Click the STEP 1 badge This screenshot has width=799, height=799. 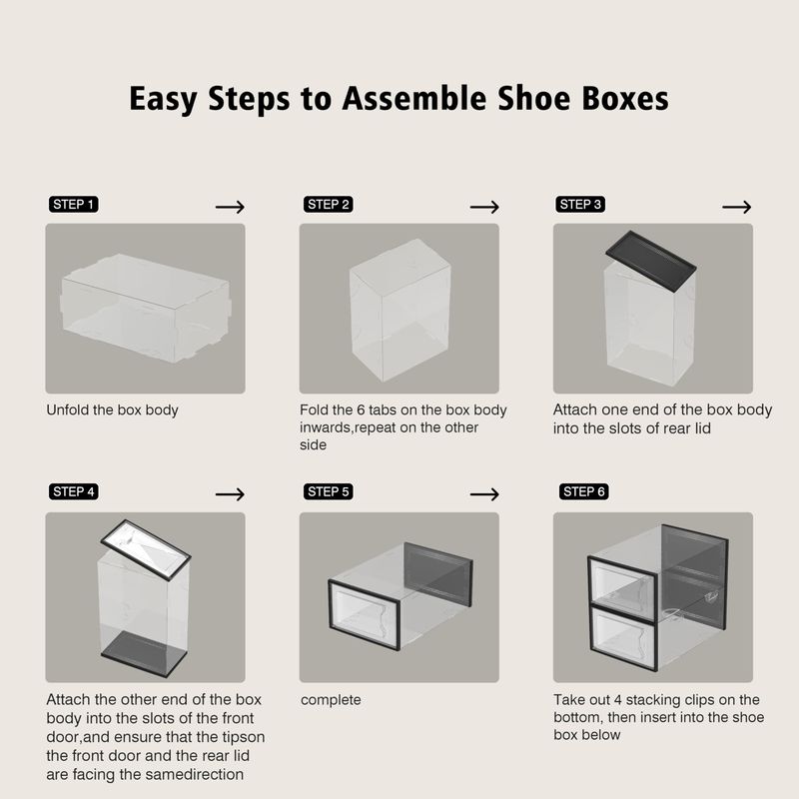click(x=73, y=205)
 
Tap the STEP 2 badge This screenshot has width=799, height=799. click(x=329, y=205)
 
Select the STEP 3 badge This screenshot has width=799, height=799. click(x=580, y=205)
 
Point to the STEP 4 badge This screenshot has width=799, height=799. click(x=73, y=491)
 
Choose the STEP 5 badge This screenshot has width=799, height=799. click(x=329, y=491)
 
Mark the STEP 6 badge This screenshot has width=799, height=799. click(x=584, y=491)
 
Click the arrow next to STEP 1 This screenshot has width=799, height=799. click(x=230, y=207)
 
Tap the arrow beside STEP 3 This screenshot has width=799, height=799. click(x=737, y=207)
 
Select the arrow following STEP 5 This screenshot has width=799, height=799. click(x=484, y=494)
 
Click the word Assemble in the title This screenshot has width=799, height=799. click(x=414, y=98)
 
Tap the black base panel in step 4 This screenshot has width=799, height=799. click(x=144, y=654)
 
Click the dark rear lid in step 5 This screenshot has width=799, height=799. click(x=438, y=573)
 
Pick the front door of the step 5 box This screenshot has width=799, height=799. click(x=364, y=614)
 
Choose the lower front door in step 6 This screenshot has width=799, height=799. click(x=623, y=638)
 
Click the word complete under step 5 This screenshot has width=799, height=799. click(x=331, y=700)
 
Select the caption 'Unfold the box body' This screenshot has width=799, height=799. click(x=112, y=410)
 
